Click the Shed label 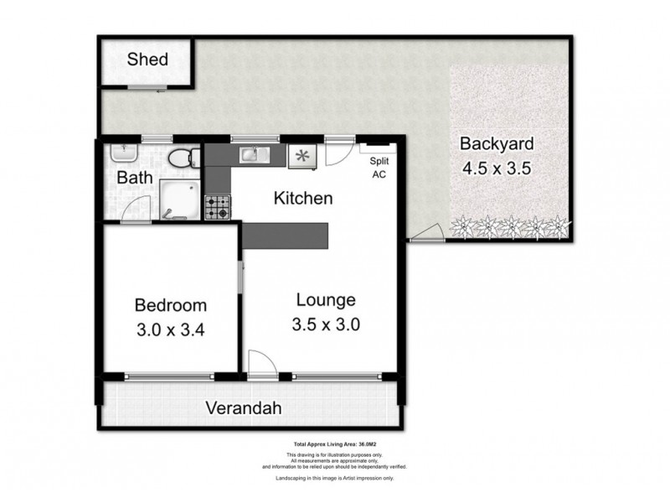pos(147,60)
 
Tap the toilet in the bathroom pos(180,158)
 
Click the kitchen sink pos(251,154)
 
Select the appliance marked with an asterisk pos(301,156)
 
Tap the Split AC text pos(379,168)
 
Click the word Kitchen pos(304,199)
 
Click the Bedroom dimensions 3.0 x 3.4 pos(171,329)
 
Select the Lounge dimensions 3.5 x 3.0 pos(327,324)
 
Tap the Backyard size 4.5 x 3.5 pos(497,167)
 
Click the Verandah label pos(243,409)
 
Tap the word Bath pos(134,178)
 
